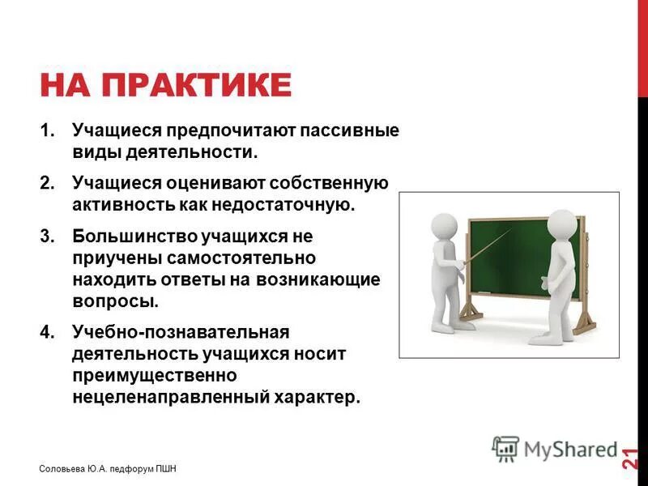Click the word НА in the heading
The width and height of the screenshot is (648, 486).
(63, 85)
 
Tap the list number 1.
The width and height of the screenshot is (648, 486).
(48, 130)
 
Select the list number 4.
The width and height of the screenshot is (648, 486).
(48, 332)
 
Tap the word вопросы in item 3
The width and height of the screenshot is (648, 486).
(112, 301)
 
